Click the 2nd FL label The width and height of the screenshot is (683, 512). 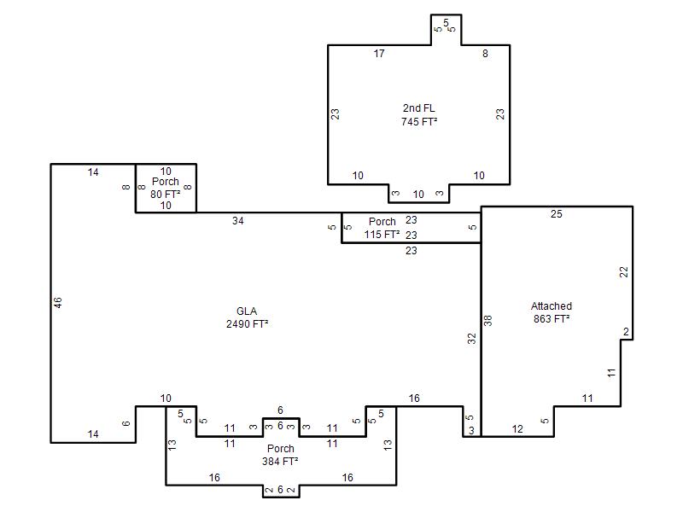tap(418, 108)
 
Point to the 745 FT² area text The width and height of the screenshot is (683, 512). tap(419, 121)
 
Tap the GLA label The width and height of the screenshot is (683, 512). tap(247, 311)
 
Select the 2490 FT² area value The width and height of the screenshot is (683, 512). tap(247, 324)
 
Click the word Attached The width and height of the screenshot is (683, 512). tap(552, 306)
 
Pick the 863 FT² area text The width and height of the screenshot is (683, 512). tap(552, 318)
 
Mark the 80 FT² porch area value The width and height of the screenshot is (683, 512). tap(165, 195)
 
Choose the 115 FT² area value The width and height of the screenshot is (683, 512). tap(382, 234)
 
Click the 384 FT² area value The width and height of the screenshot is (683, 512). tap(280, 461)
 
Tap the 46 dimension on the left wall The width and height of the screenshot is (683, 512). tap(57, 303)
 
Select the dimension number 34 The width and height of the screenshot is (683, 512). tap(238, 221)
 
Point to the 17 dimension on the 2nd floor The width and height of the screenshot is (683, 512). tap(379, 54)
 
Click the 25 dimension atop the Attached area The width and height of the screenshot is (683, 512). tap(557, 214)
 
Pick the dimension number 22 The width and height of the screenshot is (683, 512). tap(624, 272)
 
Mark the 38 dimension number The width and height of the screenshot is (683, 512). tap(487, 321)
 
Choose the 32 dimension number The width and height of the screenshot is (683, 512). tap(472, 338)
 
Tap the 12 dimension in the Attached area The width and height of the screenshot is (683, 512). tap(517, 429)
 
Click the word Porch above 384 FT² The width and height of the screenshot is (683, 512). tap(281, 449)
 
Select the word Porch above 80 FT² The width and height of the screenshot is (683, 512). tap(166, 182)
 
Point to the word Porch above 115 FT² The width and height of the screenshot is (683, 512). tap(382, 222)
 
